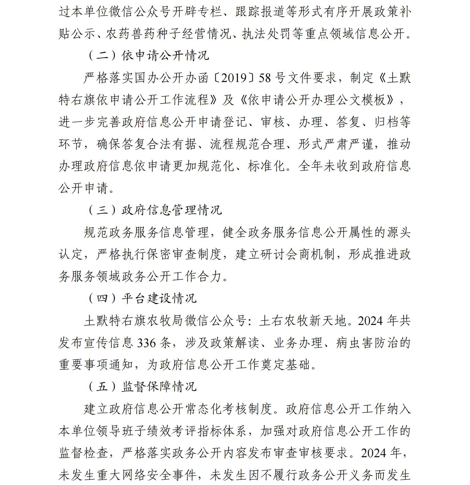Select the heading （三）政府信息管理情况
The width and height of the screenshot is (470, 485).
tap(155, 210)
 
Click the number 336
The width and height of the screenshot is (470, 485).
tap(147, 343)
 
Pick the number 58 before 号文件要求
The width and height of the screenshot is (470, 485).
tap(265, 78)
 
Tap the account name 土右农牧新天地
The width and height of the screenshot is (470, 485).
tap(303, 321)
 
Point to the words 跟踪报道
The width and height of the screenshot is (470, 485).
tap(260, 12)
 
